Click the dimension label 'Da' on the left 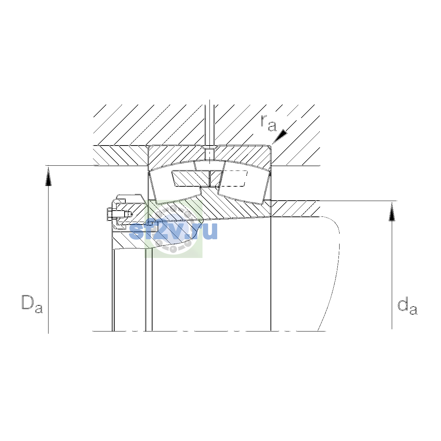[x=32, y=304]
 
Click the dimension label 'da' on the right [x=408, y=306]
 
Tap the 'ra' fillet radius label [x=269, y=123]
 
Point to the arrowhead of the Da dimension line [x=48, y=176]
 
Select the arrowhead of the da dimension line [x=392, y=212]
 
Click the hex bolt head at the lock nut [x=110, y=214]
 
